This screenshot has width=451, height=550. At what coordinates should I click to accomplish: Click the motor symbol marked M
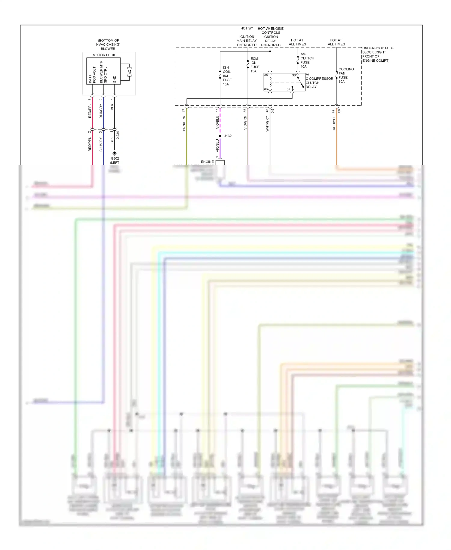click(129, 72)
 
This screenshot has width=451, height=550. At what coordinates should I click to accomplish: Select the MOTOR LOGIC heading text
click(104, 55)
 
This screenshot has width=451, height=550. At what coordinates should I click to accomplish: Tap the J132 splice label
click(228, 136)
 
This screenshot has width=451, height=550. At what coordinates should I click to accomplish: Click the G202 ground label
click(115, 159)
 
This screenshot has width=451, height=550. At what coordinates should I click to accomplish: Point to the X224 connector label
click(118, 135)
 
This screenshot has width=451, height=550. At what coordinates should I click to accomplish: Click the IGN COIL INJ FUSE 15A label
click(227, 76)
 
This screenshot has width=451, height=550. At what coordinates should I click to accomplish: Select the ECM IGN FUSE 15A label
click(255, 65)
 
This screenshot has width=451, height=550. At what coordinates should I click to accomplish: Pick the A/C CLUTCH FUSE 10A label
click(307, 60)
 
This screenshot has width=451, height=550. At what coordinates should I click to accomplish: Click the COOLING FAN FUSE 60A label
click(346, 75)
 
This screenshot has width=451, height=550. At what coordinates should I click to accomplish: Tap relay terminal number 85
click(266, 75)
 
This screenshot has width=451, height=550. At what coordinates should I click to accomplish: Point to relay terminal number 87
click(288, 89)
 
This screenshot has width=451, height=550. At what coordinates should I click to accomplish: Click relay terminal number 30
click(294, 75)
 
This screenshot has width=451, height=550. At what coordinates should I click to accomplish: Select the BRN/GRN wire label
click(184, 123)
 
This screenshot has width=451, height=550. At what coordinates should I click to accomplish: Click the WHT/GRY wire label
click(267, 124)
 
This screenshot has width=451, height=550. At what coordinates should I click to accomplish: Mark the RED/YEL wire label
click(334, 123)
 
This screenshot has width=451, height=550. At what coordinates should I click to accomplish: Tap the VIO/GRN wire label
click(245, 123)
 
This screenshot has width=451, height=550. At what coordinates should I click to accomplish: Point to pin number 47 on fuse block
click(184, 111)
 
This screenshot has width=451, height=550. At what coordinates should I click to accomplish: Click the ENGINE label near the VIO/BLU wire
click(207, 162)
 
